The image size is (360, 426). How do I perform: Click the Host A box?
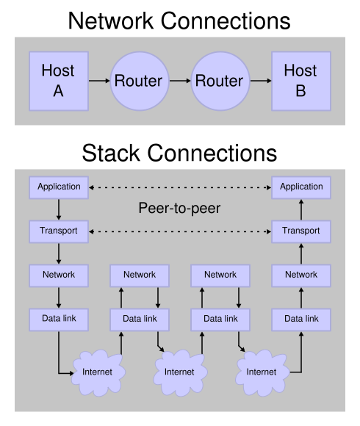tap(59, 81)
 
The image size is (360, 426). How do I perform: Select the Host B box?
tap(301, 81)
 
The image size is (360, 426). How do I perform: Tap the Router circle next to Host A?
tap(140, 81)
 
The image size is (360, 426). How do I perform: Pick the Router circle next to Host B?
tap(220, 81)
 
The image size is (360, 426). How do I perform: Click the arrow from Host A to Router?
tap(99, 81)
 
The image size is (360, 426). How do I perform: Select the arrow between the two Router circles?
tap(180, 81)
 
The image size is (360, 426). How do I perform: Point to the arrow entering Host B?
tap(261, 81)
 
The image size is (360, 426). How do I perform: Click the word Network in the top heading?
tap(111, 21)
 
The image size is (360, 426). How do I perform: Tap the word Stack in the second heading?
tap(111, 154)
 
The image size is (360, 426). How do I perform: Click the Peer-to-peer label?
tap(179, 208)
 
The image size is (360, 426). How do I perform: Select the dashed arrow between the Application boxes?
tap(180, 187)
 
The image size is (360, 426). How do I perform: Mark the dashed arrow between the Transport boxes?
tap(180, 231)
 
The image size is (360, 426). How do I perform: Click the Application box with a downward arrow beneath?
tap(59, 187)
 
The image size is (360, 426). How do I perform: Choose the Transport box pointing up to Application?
tap(301, 231)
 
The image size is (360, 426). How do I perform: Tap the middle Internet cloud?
tap(180, 372)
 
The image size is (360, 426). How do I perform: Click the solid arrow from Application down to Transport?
tap(59, 209)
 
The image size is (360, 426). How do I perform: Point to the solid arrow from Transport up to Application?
tap(301, 209)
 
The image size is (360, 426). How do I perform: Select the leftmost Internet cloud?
tap(98, 372)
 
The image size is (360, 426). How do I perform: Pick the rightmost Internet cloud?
tap(262, 372)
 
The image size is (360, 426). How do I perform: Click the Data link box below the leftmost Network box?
tap(59, 319)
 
